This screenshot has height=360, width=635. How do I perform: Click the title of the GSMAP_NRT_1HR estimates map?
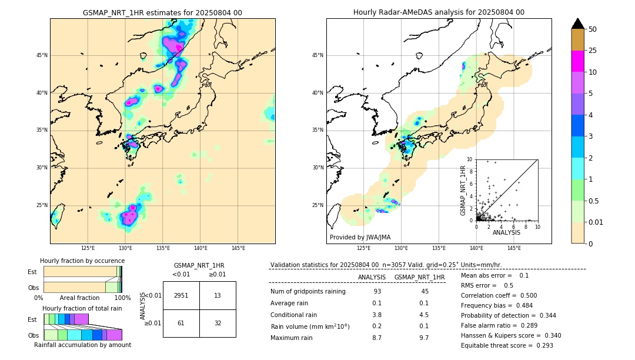click(162, 12)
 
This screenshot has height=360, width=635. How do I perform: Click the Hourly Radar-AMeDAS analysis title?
click(439, 12)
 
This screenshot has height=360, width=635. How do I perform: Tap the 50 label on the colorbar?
click(593, 29)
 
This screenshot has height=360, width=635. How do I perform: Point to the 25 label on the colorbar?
click(593, 51)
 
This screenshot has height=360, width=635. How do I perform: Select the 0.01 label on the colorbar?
click(596, 222)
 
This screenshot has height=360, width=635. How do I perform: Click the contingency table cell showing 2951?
click(181, 295)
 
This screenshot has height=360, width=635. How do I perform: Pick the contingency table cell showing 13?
click(218, 295)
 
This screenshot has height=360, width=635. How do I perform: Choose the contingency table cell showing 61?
click(181, 323)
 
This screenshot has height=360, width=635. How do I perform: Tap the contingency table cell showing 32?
click(218, 323)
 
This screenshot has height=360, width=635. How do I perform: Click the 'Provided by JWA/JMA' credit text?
click(360, 237)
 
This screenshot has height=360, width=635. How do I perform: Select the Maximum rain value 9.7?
click(423, 338)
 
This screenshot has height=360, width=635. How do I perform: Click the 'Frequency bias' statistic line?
click(497, 305)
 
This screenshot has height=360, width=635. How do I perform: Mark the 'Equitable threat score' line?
click(507, 345)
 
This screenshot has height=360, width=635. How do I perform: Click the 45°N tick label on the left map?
click(42, 55)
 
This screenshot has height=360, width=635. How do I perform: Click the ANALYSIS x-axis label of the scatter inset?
click(506, 232)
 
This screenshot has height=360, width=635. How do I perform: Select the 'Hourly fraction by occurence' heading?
click(82, 261)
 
